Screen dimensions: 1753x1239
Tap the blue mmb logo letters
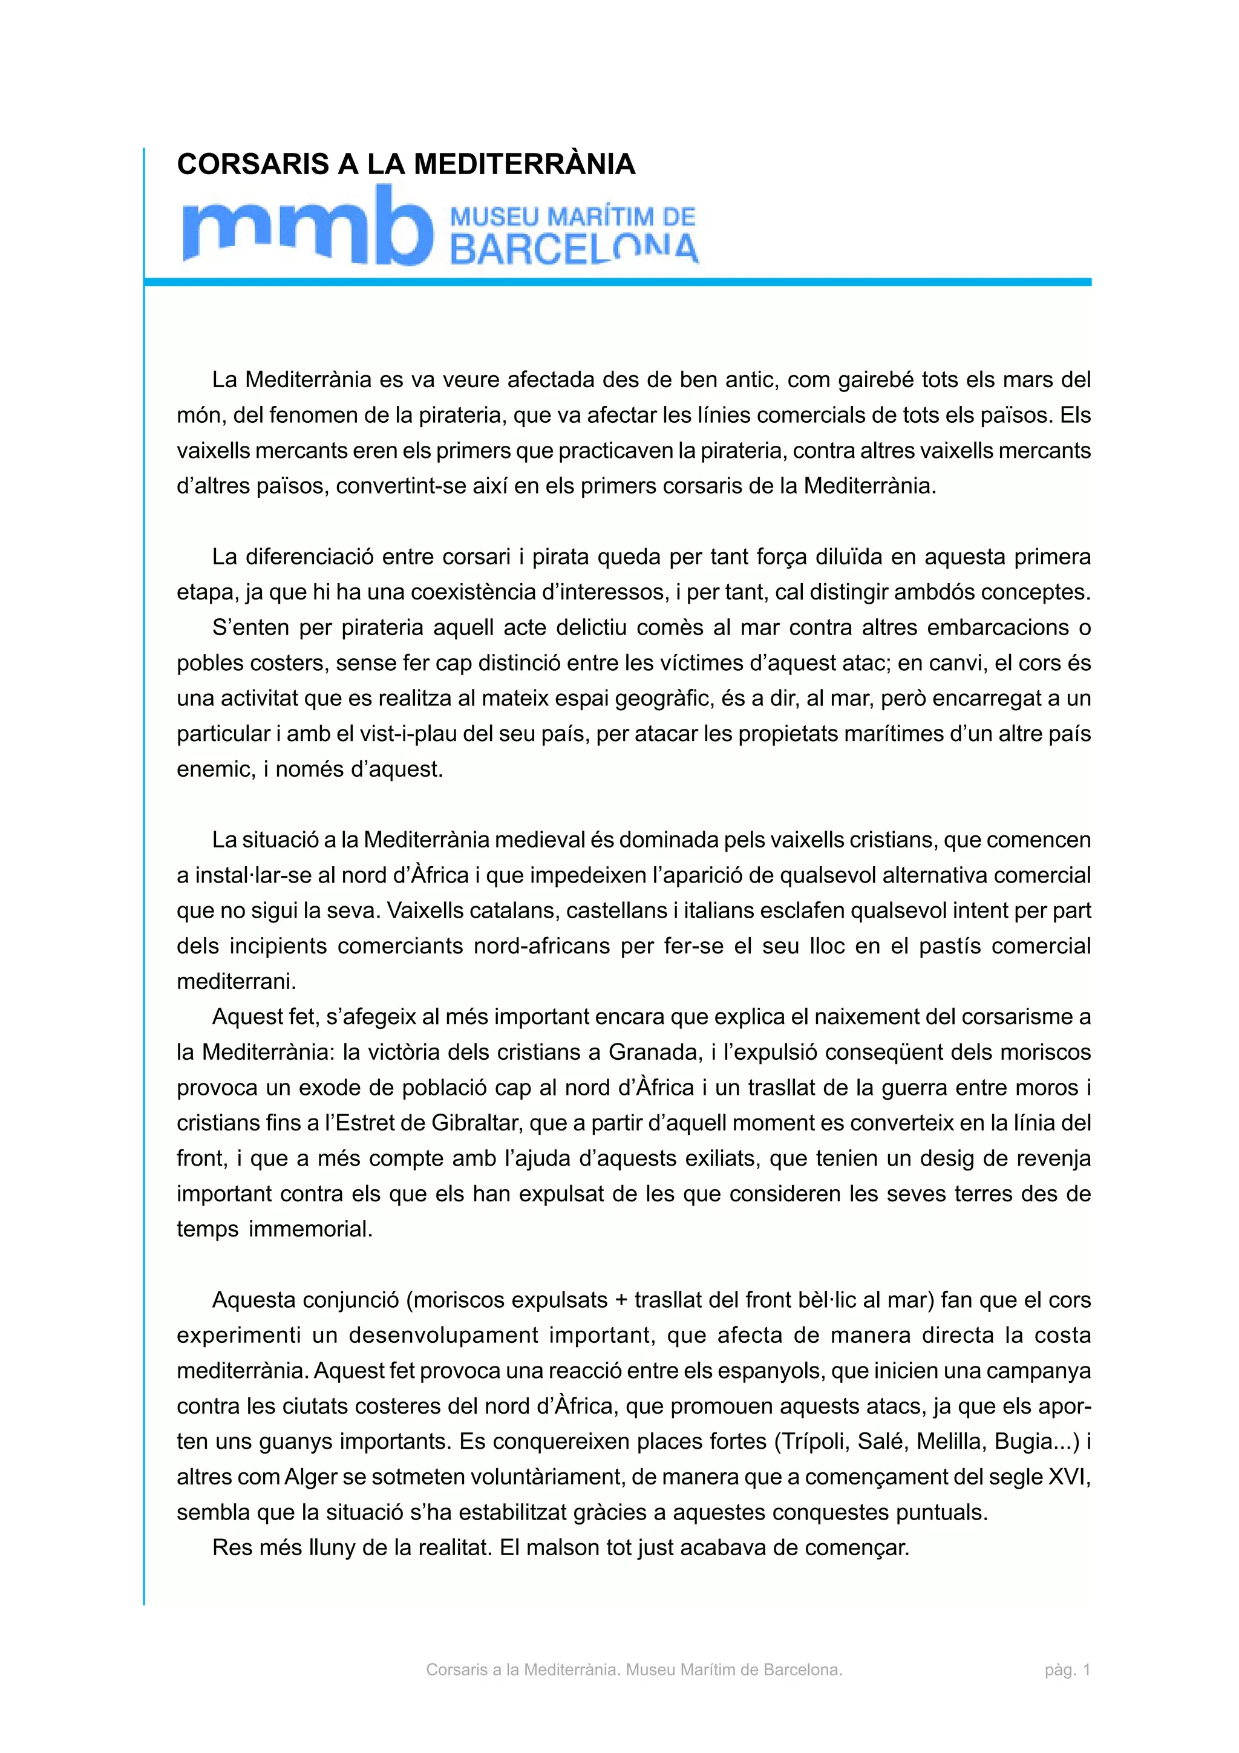[301, 227]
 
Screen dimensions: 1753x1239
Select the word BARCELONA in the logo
[574, 249]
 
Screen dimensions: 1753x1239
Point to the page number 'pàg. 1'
[1067, 1670]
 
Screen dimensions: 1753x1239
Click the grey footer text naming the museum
[633, 1670]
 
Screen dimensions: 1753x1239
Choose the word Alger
[311, 1477]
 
